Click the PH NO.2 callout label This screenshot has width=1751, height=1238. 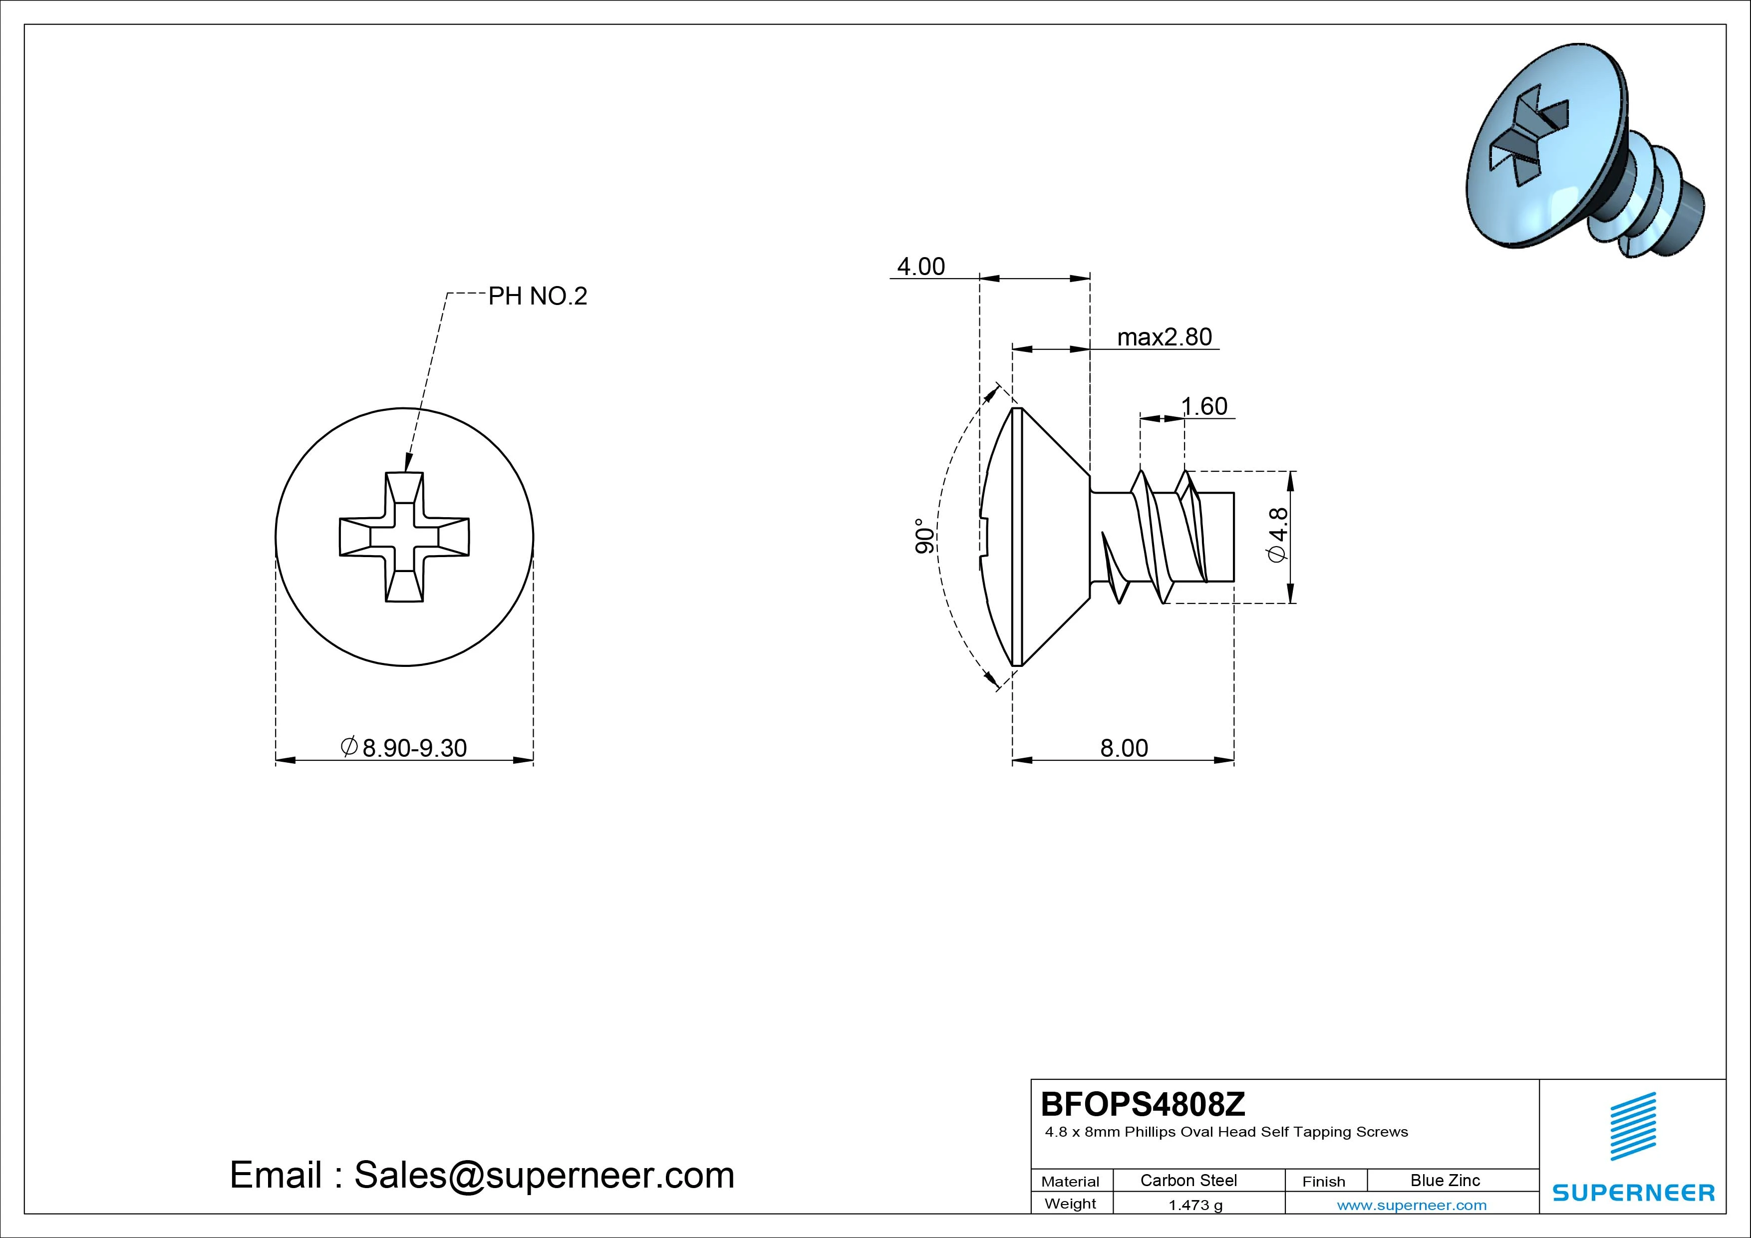538,296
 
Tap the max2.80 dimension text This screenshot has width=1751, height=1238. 1165,336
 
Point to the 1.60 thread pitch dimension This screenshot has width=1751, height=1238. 1205,406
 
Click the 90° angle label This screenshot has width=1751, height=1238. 923,536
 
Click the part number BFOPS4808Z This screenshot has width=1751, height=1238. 1143,1104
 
